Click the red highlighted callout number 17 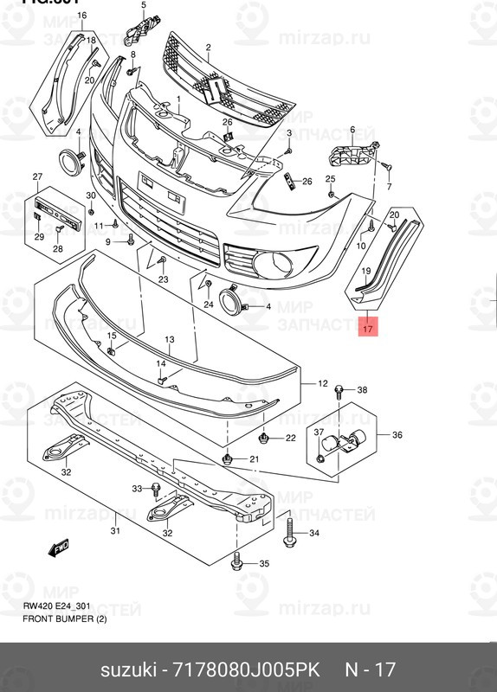[367, 329]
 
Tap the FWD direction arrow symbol [60, 547]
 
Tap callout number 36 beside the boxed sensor [397, 434]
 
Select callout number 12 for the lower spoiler [322, 383]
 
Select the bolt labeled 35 [236, 563]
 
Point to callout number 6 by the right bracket [352, 130]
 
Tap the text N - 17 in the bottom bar [371, 671]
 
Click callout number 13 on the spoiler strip [170, 340]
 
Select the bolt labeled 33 [155, 490]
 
